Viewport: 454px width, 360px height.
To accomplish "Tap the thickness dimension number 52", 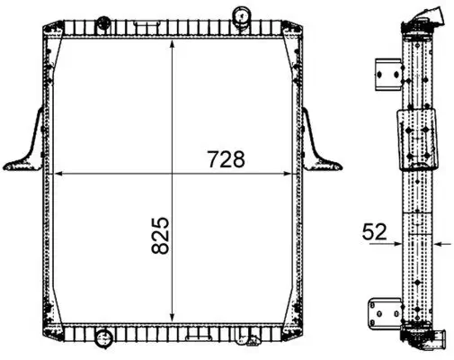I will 376,231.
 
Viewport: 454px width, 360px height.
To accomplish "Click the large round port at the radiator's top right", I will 243,15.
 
